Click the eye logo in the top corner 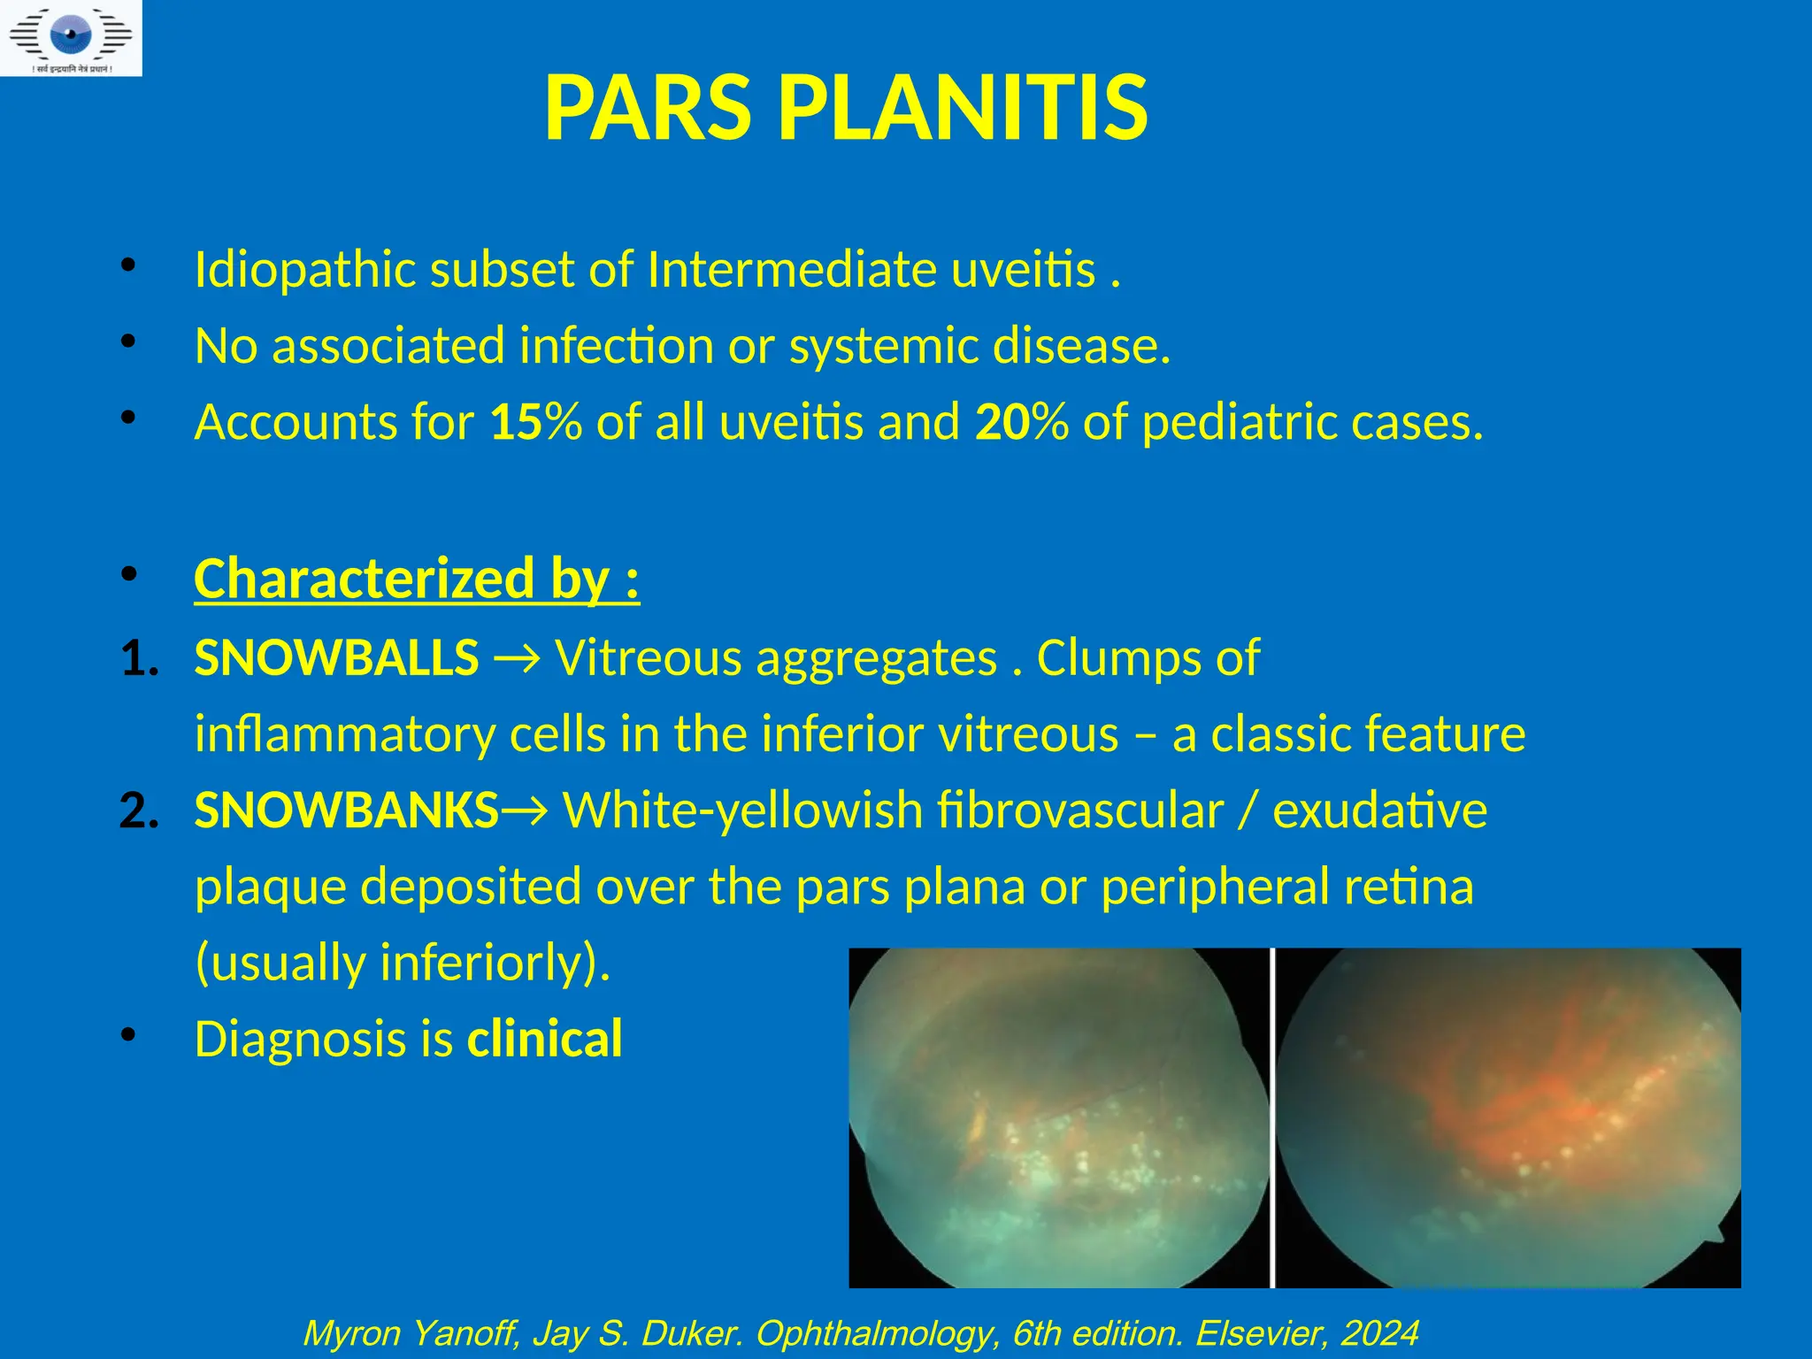[x=71, y=37]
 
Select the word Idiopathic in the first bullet [x=304, y=269]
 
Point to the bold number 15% [x=535, y=421]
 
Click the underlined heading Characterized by [x=416, y=579]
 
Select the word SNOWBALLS [x=336, y=658]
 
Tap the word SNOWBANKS [x=347, y=810]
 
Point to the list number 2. [x=139, y=810]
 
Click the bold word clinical [x=545, y=1039]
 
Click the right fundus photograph [x=1508, y=1117]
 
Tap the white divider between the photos [x=1272, y=1117]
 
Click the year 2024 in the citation [x=1379, y=1333]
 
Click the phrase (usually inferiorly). [x=403, y=962]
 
